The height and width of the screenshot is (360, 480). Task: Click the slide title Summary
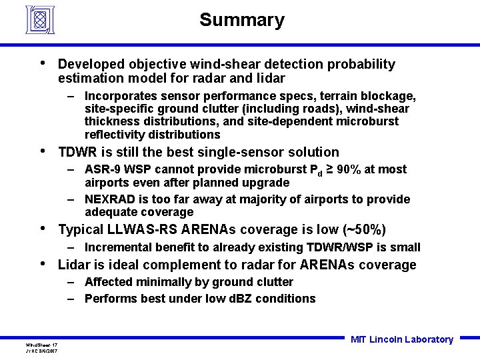(241, 20)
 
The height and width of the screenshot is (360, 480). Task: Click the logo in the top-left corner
(40, 19)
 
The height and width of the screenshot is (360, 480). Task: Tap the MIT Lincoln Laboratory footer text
(401, 339)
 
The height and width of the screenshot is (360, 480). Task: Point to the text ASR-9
(102, 169)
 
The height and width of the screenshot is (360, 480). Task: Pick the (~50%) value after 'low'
(365, 230)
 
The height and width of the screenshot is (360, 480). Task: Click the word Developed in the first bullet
(91, 65)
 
